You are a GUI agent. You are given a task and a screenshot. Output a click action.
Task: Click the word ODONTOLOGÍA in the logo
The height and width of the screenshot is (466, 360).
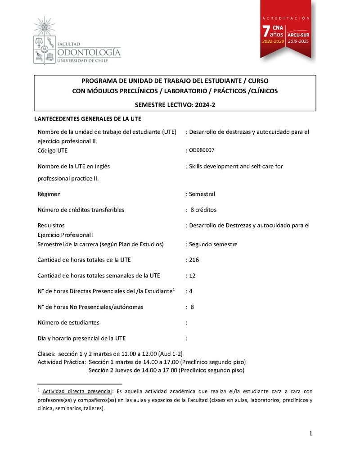click(89, 52)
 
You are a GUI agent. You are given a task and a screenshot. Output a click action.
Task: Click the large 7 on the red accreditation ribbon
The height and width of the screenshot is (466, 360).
click(267, 31)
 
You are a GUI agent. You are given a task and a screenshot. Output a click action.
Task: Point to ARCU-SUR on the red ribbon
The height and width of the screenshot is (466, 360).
click(298, 34)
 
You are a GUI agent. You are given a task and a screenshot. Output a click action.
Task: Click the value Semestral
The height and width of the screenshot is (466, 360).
click(202, 194)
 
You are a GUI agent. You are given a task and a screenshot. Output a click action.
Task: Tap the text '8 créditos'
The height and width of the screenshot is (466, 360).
click(203, 210)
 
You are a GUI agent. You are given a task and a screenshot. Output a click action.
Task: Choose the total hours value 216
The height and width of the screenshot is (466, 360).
click(194, 260)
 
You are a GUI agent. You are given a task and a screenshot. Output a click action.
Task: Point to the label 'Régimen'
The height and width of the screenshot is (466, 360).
click(49, 194)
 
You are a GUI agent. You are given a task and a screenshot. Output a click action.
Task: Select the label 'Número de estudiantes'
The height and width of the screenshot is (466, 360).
click(68, 322)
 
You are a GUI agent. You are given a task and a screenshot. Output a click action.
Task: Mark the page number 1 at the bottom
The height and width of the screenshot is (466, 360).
click(310, 434)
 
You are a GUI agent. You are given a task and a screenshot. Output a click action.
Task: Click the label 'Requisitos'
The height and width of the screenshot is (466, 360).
click(51, 225)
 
